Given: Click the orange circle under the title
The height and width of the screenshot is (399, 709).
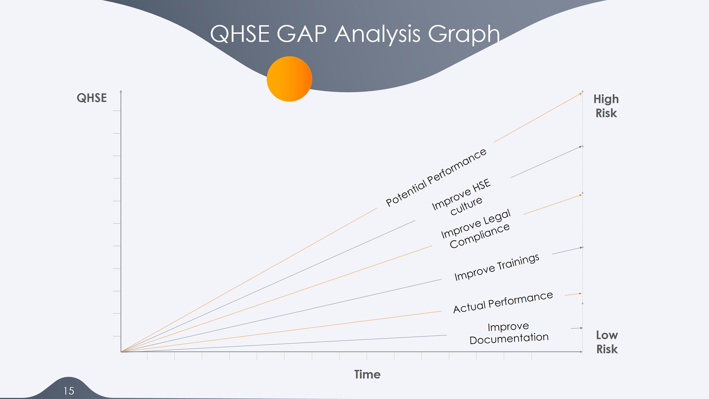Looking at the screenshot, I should (x=289, y=79).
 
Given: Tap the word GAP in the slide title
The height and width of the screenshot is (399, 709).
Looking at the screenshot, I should (x=302, y=34).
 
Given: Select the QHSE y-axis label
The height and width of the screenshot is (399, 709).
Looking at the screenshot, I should (x=92, y=98).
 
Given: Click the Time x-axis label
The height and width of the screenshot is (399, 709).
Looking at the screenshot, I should (x=367, y=374).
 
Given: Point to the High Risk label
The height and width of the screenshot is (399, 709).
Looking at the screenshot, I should (x=606, y=106).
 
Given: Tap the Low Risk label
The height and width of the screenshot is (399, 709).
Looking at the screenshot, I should (x=607, y=342).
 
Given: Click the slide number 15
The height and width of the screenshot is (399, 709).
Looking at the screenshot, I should (x=69, y=391).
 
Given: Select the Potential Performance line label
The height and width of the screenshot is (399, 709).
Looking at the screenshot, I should (x=436, y=177).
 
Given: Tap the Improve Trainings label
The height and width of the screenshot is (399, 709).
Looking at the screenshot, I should (x=497, y=267).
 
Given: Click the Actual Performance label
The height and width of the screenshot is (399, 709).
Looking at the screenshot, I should (x=503, y=302).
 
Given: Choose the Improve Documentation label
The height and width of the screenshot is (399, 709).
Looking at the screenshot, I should (x=509, y=333).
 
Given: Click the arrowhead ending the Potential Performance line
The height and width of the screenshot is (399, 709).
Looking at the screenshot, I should (x=580, y=94).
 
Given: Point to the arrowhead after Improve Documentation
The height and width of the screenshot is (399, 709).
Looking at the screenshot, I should (x=581, y=328).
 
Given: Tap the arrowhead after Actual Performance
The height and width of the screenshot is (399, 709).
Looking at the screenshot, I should (x=580, y=293).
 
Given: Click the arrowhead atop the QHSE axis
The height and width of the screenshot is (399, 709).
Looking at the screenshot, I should (x=121, y=91).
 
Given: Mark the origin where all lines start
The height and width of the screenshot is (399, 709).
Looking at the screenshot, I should (x=121, y=352).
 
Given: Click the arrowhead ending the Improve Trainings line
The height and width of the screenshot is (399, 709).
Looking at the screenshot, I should (x=581, y=247).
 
